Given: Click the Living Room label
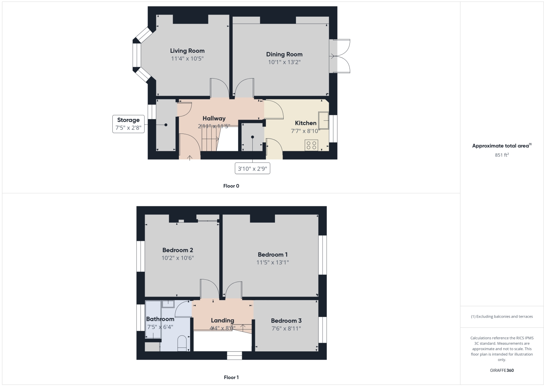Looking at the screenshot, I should pyautogui.click(x=187, y=51).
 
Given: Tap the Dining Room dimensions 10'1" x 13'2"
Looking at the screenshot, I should pyautogui.click(x=284, y=62).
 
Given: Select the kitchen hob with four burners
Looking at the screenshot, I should pyautogui.click(x=311, y=145).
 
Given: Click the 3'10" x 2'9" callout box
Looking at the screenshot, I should pyautogui.click(x=252, y=169).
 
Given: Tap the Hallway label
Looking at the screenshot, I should pyautogui.click(x=214, y=118).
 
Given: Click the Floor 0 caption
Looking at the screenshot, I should pyautogui.click(x=231, y=186).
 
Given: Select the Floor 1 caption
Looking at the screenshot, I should pyautogui.click(x=231, y=377).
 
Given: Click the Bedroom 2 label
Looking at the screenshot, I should pyautogui.click(x=177, y=250).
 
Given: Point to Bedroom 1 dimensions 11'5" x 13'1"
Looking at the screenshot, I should pyautogui.click(x=273, y=262).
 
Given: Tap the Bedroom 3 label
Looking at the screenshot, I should pyautogui.click(x=286, y=321).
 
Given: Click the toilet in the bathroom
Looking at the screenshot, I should pyautogui.click(x=182, y=343).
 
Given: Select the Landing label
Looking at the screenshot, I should pyautogui.click(x=223, y=321).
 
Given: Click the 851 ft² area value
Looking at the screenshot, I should pyautogui.click(x=502, y=155).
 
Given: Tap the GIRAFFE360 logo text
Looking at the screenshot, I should pyautogui.click(x=502, y=370).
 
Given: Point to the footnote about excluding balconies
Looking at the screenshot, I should pyautogui.click(x=502, y=317).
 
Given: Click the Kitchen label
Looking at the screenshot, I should pyautogui.click(x=305, y=123).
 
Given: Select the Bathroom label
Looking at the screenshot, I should pyautogui.click(x=160, y=319).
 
